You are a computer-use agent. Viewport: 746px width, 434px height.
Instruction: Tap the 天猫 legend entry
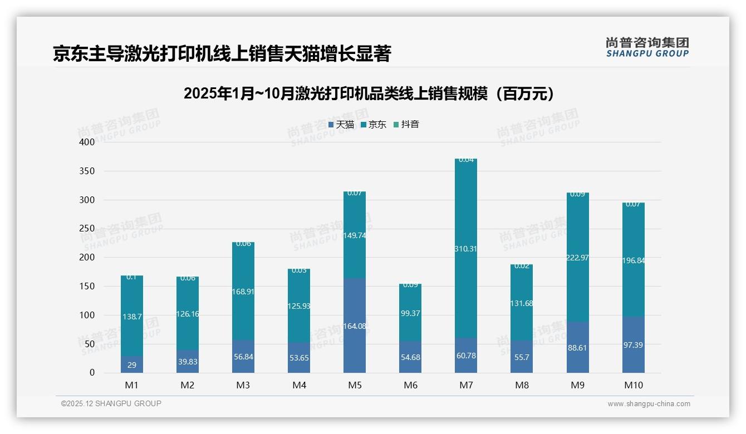(x=341, y=124)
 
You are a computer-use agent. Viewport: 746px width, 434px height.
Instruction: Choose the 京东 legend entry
(x=374, y=124)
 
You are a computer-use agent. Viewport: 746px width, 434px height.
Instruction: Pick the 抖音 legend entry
(x=406, y=124)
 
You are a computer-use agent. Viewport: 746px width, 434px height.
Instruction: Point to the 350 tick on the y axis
(x=87, y=171)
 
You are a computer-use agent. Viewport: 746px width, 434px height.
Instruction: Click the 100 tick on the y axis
(x=87, y=315)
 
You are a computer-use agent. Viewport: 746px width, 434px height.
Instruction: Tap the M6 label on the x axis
(x=410, y=385)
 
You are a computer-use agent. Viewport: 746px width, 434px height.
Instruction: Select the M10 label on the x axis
(x=633, y=385)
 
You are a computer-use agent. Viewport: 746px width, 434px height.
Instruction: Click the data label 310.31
(x=466, y=249)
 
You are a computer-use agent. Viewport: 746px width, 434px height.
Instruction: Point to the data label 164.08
(x=355, y=325)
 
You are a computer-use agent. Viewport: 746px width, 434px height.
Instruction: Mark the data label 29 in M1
(x=132, y=365)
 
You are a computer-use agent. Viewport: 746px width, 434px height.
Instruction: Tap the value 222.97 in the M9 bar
(x=577, y=258)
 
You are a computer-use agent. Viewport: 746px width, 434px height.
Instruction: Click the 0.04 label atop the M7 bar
(x=466, y=160)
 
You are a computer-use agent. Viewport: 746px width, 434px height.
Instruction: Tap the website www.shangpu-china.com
(x=649, y=404)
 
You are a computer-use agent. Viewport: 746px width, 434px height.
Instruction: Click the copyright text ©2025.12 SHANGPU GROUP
(x=111, y=403)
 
